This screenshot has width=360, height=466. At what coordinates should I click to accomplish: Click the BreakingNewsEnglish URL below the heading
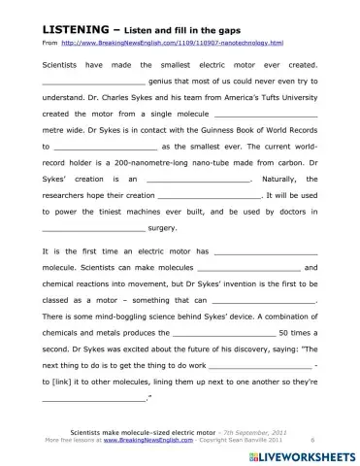click(171, 44)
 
